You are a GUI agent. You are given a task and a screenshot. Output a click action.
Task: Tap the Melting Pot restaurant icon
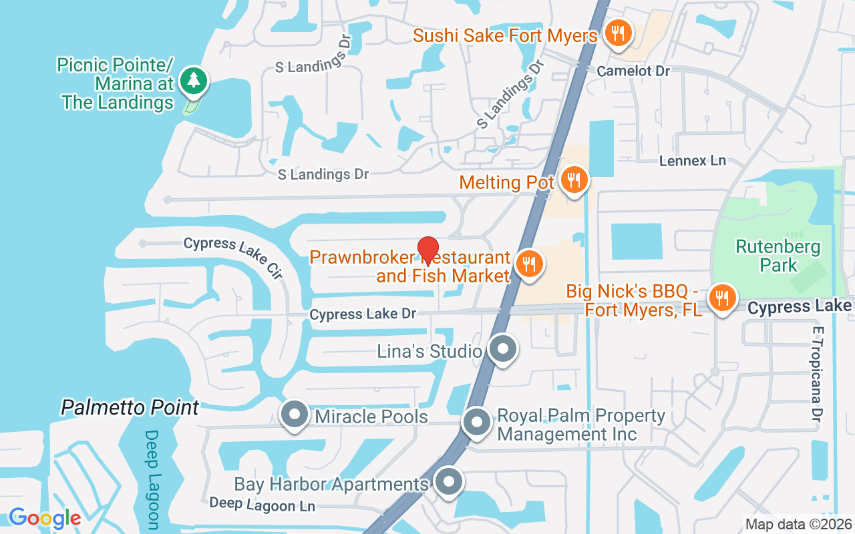click(573, 180)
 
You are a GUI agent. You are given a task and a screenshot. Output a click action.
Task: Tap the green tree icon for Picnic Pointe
click(194, 81)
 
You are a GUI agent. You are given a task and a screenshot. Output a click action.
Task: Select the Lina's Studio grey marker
click(502, 349)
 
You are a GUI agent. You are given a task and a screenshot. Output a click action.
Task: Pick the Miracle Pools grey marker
click(294, 415)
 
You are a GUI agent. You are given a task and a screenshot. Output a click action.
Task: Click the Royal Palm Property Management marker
click(477, 422)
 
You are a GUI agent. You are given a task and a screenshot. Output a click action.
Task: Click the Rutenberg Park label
click(778, 256)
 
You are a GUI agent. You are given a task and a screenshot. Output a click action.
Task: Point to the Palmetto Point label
click(130, 408)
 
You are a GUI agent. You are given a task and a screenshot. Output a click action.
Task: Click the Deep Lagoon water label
click(152, 479)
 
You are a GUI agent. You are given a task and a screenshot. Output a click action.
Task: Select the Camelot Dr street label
click(633, 71)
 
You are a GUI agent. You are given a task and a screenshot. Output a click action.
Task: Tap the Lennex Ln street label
click(692, 161)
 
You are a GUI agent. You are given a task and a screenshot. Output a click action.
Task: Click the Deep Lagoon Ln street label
click(262, 505)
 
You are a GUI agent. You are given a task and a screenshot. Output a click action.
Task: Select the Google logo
click(45, 517)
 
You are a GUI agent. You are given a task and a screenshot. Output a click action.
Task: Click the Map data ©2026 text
click(798, 524)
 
